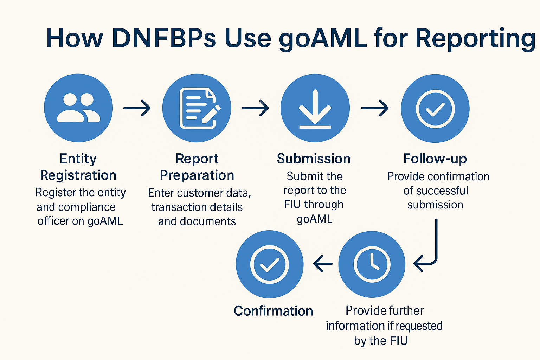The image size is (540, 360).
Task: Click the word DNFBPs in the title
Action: pos(164,38)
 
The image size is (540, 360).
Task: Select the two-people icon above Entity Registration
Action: pos(78,108)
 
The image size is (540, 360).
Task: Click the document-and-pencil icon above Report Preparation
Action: pos(197,108)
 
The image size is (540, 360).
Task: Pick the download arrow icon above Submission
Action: pos(315,108)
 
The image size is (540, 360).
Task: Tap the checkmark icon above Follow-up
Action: pos(435,108)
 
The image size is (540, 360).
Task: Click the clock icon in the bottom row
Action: pos(372,264)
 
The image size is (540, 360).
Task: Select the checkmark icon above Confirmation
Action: pos(270,264)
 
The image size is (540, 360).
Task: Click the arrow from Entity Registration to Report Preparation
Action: pos(137,108)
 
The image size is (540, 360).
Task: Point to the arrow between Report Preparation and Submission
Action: pos(255,108)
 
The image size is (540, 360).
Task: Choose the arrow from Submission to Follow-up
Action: pos(375,108)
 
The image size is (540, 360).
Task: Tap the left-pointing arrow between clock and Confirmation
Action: pos(323,264)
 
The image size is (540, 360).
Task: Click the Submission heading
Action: pos(314,159)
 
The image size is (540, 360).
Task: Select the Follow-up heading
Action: pos(435,159)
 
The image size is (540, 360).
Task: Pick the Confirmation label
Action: pos(273,311)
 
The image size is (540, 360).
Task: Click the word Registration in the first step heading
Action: pos(78,175)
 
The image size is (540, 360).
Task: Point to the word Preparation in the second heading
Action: pos(197,175)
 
